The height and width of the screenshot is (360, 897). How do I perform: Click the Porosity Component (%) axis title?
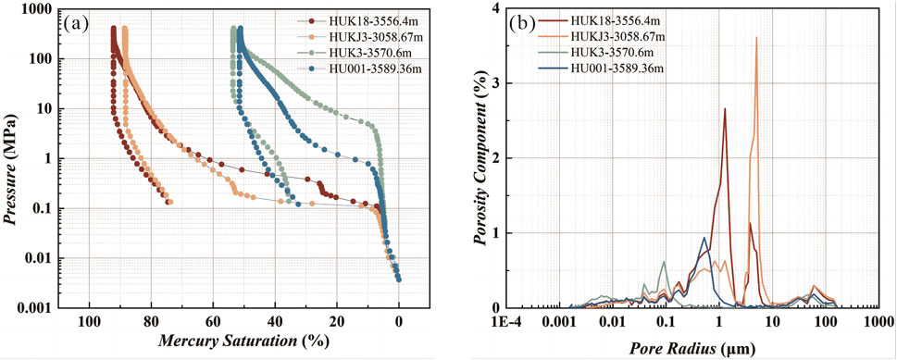(x=480, y=157)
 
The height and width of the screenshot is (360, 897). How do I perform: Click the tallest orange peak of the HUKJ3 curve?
(x=756, y=39)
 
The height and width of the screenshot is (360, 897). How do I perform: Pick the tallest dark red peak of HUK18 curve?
(x=725, y=109)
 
